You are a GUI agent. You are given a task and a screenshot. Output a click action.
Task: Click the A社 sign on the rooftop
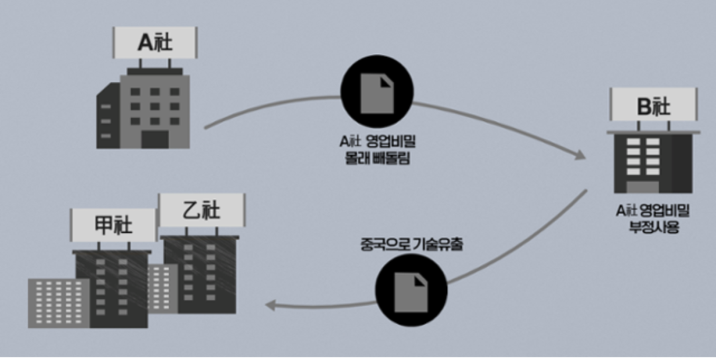click(155, 43)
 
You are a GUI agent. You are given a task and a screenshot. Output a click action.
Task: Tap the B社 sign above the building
click(654, 105)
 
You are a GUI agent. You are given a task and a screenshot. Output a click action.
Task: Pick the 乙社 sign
click(202, 211)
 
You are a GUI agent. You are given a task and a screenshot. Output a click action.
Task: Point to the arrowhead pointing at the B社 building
click(579, 156)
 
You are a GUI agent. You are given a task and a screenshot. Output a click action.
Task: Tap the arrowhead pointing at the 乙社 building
click(270, 305)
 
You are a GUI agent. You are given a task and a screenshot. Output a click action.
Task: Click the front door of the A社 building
click(155, 139)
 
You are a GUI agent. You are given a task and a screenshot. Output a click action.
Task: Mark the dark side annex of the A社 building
click(108, 119)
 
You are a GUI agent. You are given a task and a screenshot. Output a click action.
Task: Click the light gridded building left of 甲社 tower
click(58, 302)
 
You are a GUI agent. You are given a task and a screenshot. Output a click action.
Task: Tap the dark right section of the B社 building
click(683, 162)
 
